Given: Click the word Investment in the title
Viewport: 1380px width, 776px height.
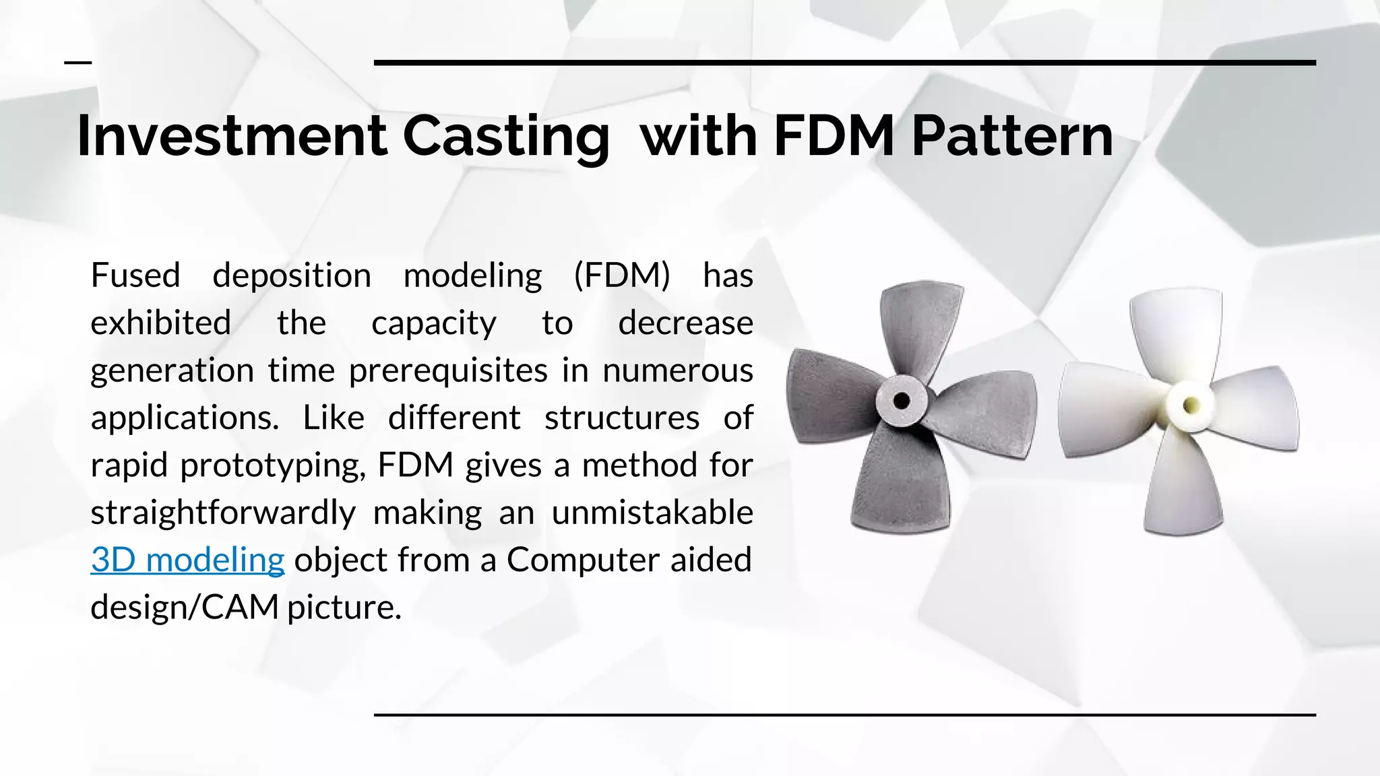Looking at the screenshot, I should (x=232, y=136).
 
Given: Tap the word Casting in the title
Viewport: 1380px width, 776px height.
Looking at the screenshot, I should (x=506, y=137).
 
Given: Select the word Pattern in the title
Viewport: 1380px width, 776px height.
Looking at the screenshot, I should (x=1011, y=136).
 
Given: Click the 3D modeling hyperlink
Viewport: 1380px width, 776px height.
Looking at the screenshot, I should (x=187, y=560).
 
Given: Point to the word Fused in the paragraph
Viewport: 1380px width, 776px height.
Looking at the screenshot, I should (x=135, y=276).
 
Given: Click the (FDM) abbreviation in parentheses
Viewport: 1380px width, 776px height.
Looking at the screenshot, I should (x=622, y=276).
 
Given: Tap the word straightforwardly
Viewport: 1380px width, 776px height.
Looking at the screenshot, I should (x=223, y=513).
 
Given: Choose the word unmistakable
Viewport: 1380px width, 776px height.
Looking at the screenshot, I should (x=652, y=513).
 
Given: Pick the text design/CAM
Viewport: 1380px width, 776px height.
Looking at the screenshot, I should (x=185, y=608).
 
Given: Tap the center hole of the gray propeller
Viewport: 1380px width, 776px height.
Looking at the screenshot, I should (x=901, y=401).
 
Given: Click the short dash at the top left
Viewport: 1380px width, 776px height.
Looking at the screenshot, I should (x=77, y=63).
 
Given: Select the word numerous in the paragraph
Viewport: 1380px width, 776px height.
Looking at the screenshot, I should (x=677, y=370).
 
